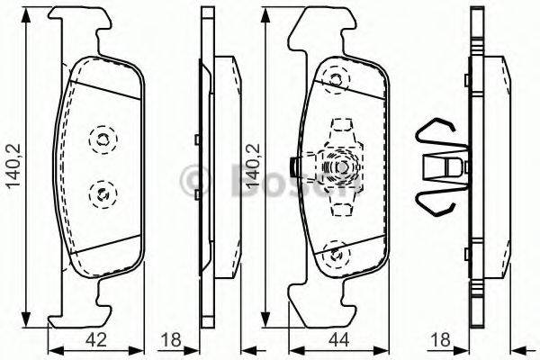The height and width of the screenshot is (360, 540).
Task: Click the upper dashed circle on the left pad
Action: [102, 139]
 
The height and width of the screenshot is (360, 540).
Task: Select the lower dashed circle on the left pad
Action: [102, 190]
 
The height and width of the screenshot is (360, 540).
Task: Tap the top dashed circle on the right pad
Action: [338, 80]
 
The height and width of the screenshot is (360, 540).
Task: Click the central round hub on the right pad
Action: [342, 167]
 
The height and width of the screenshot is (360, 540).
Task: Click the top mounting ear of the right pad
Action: [315, 27]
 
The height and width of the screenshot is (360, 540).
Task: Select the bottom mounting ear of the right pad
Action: [315, 306]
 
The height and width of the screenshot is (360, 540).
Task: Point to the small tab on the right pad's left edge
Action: [295, 166]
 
